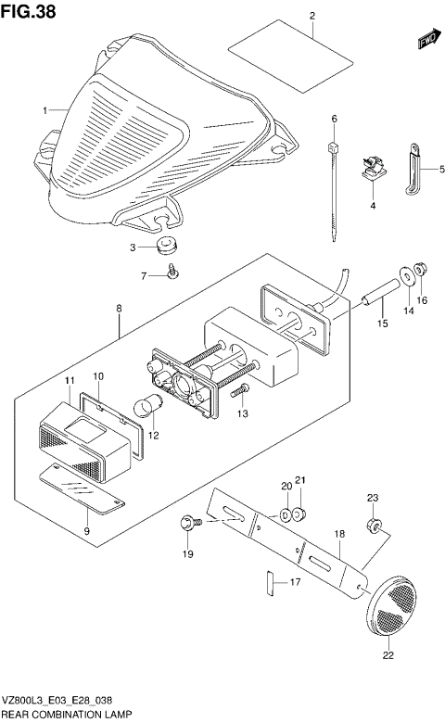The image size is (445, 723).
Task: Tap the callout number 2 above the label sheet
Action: click(x=312, y=17)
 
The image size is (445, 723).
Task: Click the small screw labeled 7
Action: click(x=172, y=272)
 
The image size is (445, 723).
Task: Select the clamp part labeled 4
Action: click(x=372, y=170)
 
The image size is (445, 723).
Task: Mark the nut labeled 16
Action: click(x=419, y=270)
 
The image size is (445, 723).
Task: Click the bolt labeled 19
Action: click(x=192, y=527)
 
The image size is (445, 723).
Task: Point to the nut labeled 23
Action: click(x=375, y=526)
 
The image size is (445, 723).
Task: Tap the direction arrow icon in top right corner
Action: click(x=426, y=40)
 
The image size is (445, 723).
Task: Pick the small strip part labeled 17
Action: click(x=270, y=583)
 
